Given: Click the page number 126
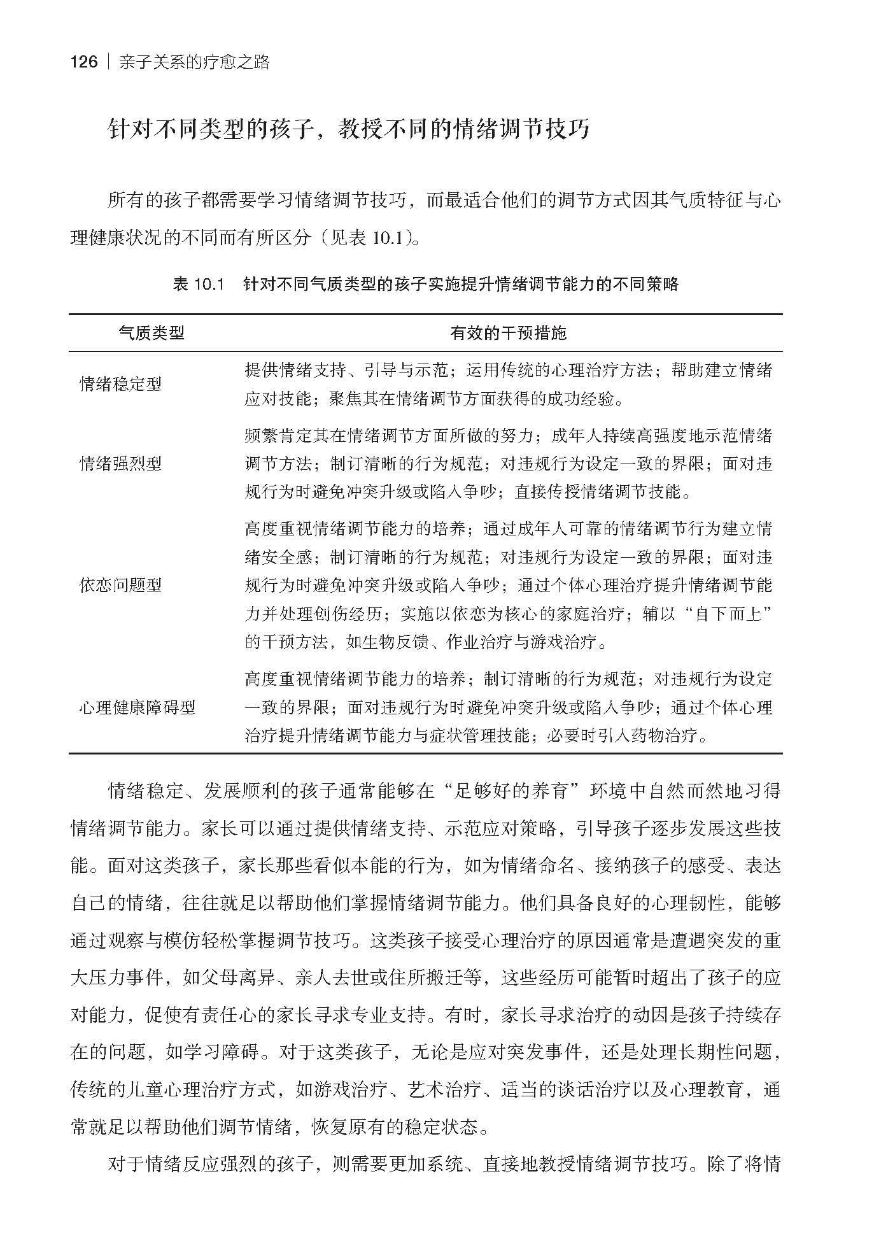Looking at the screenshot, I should click(x=84, y=62).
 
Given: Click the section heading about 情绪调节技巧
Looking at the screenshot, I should click(x=349, y=129).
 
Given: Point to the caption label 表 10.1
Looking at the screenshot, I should click(x=199, y=285).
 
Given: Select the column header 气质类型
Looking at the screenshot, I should click(x=152, y=332).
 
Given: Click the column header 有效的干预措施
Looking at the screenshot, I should click(x=508, y=332).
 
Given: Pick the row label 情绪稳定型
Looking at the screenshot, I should click(x=120, y=384).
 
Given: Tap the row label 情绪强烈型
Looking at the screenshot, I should click(x=120, y=464).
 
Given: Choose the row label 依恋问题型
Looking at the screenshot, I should click(x=120, y=585).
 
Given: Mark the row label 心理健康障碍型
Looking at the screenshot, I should click(x=137, y=707).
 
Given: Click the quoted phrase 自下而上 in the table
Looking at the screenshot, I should click(x=729, y=614).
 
